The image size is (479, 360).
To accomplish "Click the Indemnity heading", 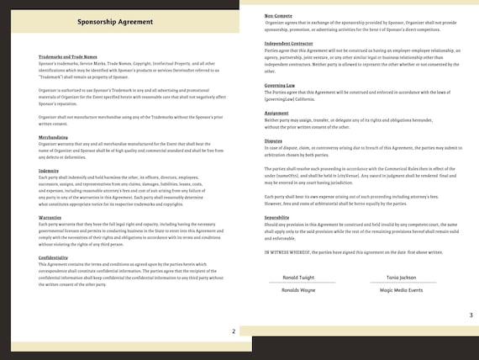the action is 49,170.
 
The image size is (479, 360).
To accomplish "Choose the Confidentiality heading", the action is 54,257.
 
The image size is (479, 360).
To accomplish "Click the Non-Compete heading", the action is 277,15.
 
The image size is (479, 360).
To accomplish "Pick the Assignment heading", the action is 278,111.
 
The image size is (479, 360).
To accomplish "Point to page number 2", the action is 233,331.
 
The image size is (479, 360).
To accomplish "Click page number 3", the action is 470,315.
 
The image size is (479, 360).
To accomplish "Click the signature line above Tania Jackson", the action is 402,269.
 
